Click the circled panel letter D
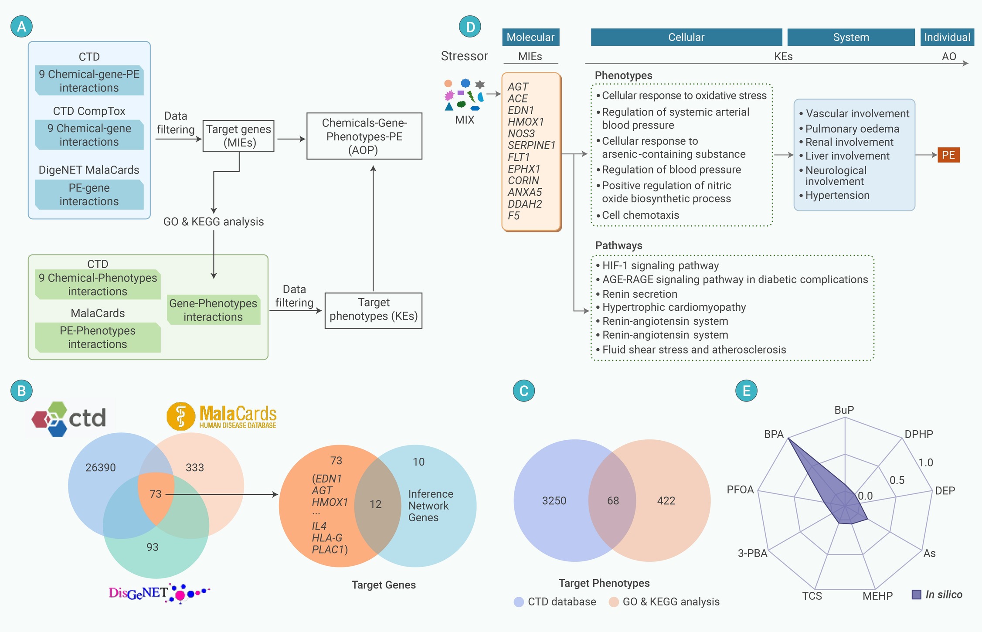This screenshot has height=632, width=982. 470,27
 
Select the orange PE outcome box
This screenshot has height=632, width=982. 948,155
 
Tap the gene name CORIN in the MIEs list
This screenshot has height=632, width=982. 523,180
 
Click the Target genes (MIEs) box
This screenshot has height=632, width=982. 238,136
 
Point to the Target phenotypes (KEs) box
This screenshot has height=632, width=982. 374,310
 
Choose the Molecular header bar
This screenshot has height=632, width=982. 530,37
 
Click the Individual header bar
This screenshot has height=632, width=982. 947,37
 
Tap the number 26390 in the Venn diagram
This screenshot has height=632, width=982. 101,468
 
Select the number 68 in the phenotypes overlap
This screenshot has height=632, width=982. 613,501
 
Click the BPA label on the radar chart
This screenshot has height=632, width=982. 774,434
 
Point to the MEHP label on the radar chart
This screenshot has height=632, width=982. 877,596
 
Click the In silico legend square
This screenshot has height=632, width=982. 917,595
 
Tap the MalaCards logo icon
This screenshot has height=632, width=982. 180,416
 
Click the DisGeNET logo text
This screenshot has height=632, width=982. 138,593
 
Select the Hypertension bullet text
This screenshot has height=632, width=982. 837,195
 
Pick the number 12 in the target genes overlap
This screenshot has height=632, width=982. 375,504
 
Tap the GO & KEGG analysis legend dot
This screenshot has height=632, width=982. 614,602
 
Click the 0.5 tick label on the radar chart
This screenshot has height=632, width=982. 897,480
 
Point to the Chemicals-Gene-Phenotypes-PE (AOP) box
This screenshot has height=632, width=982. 364,136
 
